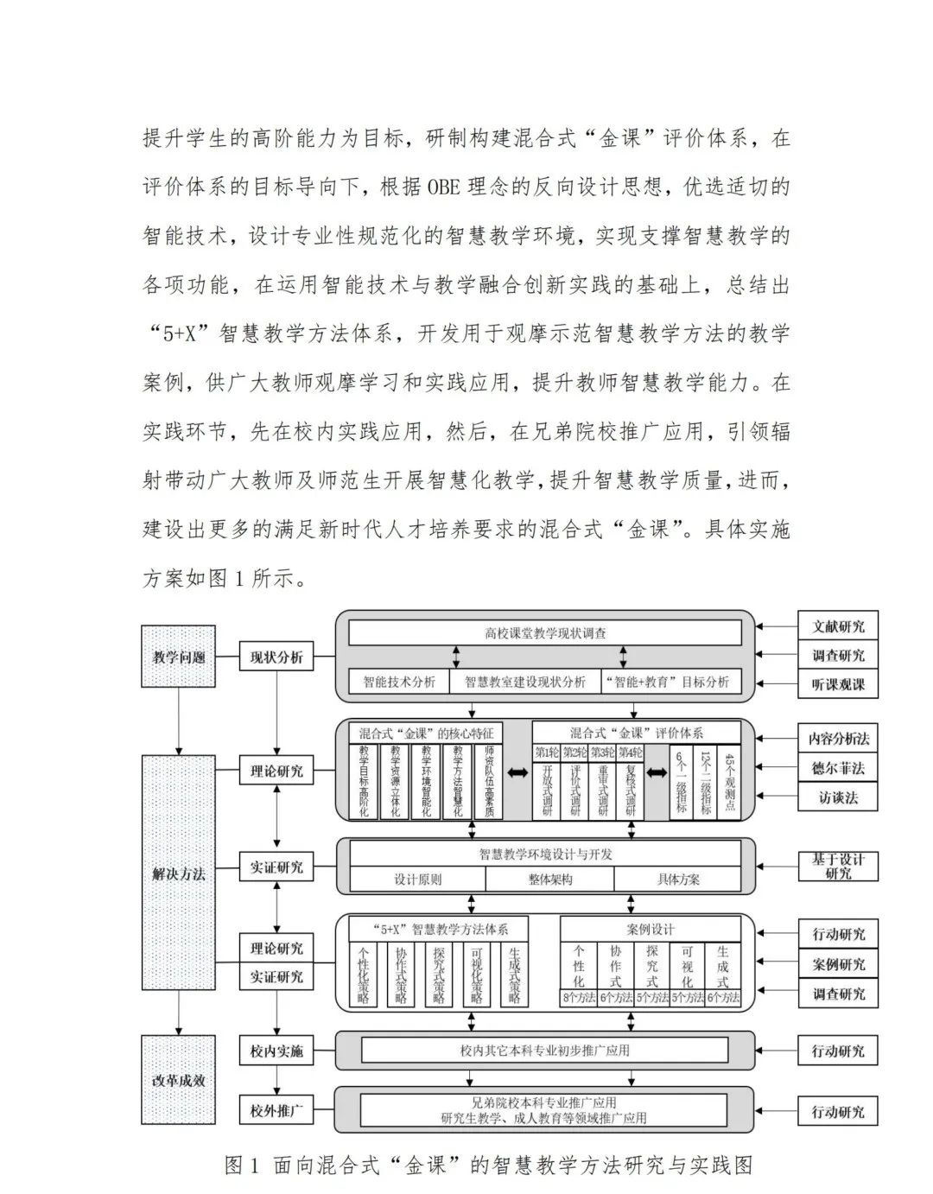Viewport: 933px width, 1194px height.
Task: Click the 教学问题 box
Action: [x=179, y=657]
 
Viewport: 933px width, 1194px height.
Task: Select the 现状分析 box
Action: [x=276, y=657]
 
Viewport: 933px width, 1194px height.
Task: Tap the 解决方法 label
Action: [x=179, y=873]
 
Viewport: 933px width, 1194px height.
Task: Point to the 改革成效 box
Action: [x=179, y=1080]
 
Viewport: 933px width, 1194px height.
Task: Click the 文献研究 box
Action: [x=838, y=626]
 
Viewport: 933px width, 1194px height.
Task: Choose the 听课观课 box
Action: [x=838, y=685]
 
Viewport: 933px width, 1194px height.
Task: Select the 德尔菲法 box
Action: [x=838, y=768]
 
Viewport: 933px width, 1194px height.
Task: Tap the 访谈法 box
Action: [x=838, y=797]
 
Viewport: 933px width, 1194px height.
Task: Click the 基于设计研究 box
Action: [x=838, y=866]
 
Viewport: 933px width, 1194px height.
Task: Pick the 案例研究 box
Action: [x=838, y=964]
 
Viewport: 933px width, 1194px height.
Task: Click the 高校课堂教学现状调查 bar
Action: [x=545, y=633]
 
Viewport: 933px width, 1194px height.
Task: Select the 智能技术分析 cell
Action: [x=399, y=682]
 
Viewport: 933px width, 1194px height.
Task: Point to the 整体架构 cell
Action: [x=549, y=880]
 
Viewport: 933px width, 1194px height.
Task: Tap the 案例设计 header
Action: [x=651, y=930]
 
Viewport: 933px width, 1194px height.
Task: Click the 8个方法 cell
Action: [x=578, y=998]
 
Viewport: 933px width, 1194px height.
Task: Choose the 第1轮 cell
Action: [x=547, y=753]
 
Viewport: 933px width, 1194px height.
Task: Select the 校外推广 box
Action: [x=276, y=1111]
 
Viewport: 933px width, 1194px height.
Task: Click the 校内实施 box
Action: [x=276, y=1051]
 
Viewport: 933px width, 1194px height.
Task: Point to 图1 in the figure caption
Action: [x=242, y=1165]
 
